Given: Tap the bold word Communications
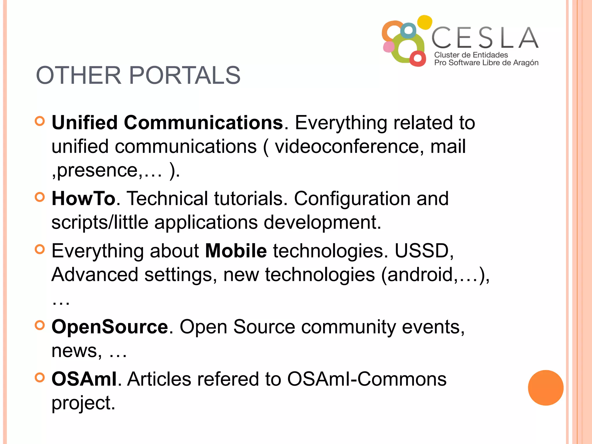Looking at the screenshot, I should click(x=203, y=123).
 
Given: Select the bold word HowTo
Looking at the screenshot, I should click(x=84, y=199).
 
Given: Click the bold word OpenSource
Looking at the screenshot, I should click(x=110, y=327).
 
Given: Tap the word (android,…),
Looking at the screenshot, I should click(x=435, y=275).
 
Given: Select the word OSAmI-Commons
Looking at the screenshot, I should click(x=367, y=379).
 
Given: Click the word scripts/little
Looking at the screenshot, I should click(x=100, y=222).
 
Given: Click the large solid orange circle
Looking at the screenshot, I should click(x=545, y=388).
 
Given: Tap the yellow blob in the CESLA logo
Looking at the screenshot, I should click(x=425, y=22).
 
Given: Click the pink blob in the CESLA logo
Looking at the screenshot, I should click(x=389, y=47).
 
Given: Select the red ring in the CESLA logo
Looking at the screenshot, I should click(x=417, y=58).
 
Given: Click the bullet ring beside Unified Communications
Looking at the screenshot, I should click(x=40, y=121).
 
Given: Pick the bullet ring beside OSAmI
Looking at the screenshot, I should click(x=40, y=377).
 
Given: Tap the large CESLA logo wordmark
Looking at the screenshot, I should click(x=485, y=38).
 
